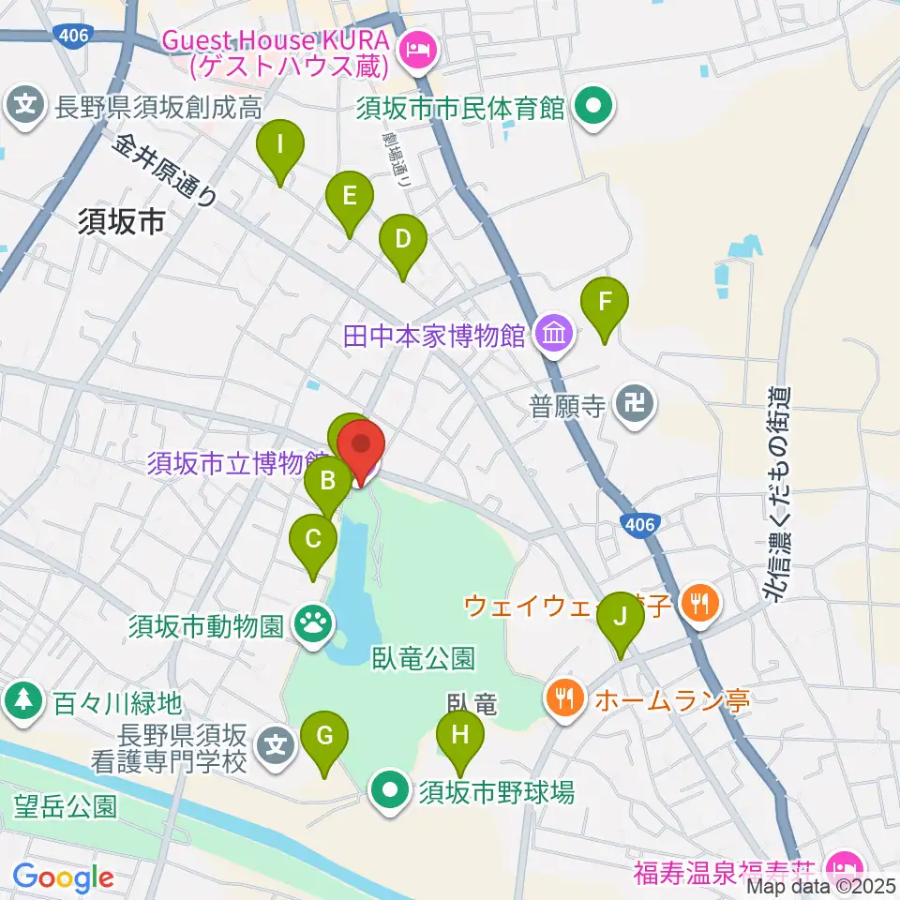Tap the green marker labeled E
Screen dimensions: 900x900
[350, 197]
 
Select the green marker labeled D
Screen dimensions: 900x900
[403, 240]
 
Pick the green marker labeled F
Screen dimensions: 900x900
[605, 304]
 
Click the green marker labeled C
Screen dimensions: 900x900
[313, 540]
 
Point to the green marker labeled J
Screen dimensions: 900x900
[619, 619]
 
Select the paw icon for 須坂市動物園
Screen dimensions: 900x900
[311, 623]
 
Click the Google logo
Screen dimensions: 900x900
[63, 877]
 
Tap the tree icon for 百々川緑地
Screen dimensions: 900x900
[21, 699]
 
